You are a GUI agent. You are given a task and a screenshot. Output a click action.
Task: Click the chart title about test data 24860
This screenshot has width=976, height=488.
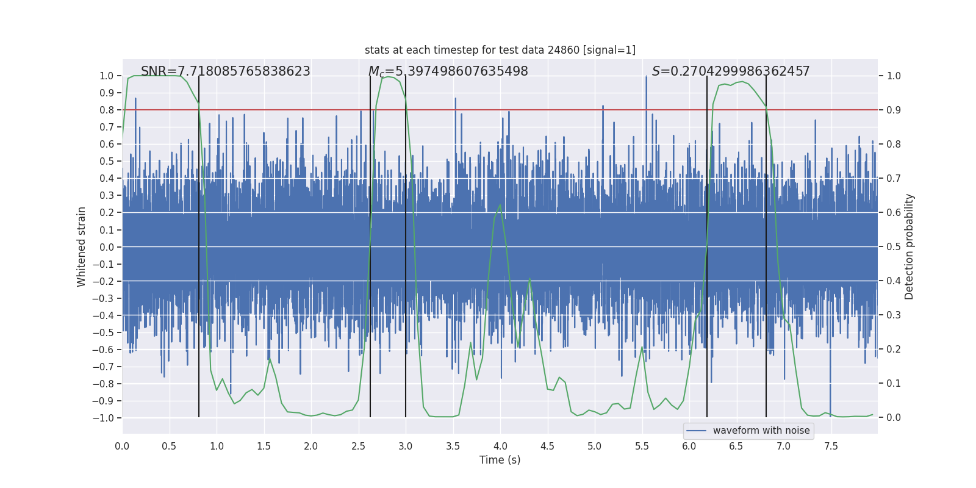coord(500,50)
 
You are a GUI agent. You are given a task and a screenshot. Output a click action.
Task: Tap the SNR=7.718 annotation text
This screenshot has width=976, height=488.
coord(225,71)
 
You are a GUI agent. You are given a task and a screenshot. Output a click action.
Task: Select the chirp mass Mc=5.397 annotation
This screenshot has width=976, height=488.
coord(448,71)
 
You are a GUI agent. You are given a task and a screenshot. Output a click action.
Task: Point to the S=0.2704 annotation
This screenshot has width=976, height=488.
coord(730,71)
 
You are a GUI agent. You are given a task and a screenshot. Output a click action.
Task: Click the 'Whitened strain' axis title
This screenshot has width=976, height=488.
coord(82,246)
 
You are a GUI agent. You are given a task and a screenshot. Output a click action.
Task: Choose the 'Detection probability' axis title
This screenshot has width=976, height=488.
coord(909,246)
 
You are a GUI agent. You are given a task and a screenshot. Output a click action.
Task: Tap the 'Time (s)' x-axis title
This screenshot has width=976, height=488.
coord(500,460)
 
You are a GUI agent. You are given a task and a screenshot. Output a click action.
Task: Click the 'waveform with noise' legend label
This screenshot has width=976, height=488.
coord(761,431)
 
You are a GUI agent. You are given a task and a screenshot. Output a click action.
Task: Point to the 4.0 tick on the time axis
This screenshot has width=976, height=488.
coord(500,446)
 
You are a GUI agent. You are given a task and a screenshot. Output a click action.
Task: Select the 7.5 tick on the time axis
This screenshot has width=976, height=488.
coord(831,446)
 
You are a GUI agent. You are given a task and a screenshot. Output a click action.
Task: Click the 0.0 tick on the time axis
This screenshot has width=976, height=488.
coord(122,446)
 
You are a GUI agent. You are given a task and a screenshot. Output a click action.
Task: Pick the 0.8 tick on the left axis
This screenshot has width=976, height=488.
coord(107,110)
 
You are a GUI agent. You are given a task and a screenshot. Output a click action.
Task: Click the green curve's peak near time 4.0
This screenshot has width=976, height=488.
coord(500,205)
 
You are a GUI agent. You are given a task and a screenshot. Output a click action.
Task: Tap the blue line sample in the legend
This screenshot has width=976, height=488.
coord(696,431)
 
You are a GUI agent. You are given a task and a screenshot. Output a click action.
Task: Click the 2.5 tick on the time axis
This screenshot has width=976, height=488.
coord(359,446)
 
